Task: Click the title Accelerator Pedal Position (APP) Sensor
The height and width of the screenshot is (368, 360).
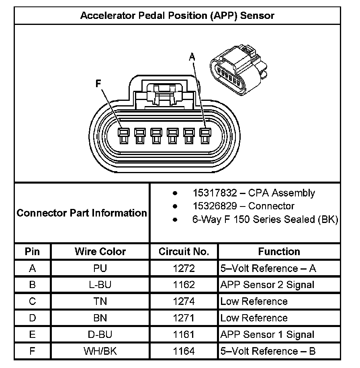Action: click(177, 16)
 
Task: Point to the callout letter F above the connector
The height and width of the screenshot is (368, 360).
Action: click(98, 84)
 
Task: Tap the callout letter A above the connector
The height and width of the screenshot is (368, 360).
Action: click(192, 58)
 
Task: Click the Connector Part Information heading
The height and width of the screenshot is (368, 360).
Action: click(82, 213)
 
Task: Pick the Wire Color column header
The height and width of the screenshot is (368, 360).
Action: click(100, 252)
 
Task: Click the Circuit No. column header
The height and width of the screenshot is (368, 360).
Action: click(184, 252)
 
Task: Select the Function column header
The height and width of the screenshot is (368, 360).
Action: click(279, 252)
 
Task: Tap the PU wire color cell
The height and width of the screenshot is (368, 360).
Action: click(100, 268)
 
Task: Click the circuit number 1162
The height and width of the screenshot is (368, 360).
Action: click(184, 285)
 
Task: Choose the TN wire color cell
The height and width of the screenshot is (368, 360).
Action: click(100, 301)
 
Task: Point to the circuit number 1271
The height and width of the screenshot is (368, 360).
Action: click(184, 318)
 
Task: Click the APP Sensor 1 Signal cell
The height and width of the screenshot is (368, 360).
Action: click(267, 334)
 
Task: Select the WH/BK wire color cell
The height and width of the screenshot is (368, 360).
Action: click(100, 351)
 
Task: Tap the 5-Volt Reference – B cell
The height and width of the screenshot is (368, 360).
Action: click(268, 351)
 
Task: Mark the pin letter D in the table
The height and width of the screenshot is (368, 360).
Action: click(33, 318)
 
